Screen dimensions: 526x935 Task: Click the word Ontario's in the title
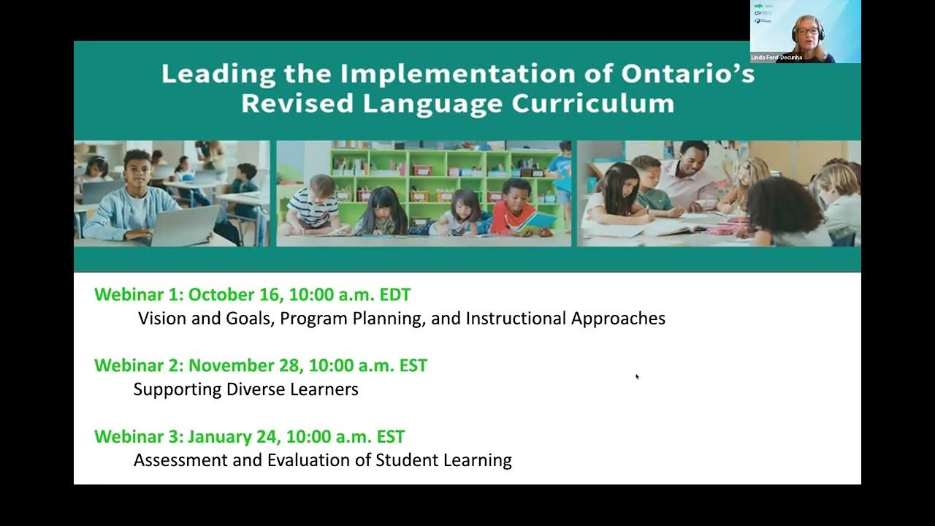[x=687, y=74]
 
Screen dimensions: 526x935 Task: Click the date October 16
[x=234, y=295]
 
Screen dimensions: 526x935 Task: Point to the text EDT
[x=394, y=295]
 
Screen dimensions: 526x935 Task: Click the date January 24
[x=233, y=436]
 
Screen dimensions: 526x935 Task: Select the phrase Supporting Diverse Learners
[x=245, y=389]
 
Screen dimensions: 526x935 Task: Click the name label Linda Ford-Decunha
[x=776, y=58]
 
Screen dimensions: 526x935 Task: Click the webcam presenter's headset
[x=820, y=31]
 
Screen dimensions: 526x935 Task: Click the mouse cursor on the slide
[x=637, y=376]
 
